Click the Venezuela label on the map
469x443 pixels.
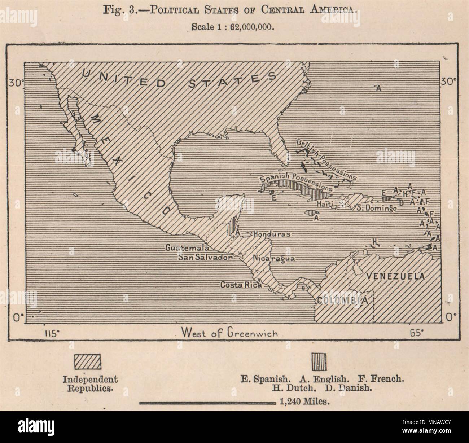point(395,276)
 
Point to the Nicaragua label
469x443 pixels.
point(274,259)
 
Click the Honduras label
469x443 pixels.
point(272,234)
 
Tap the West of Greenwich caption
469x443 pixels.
point(229,333)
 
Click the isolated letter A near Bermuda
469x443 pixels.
point(378,88)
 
